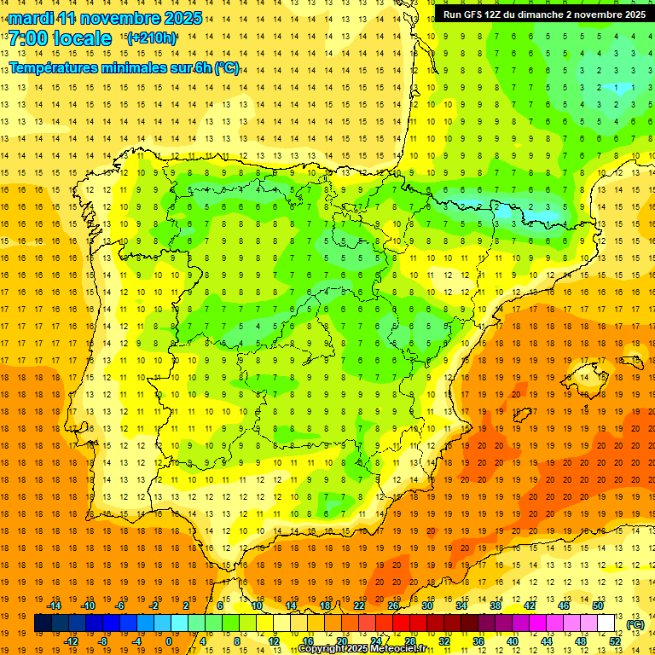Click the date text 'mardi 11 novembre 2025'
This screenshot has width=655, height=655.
click(106, 18)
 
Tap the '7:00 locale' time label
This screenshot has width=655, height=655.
click(61, 38)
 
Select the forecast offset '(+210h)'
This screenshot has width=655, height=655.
click(152, 38)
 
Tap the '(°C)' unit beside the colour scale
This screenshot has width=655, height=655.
click(635, 624)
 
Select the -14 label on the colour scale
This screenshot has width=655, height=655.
click(55, 606)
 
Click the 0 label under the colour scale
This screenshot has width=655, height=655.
click(169, 641)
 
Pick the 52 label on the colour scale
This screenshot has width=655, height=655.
click(615, 641)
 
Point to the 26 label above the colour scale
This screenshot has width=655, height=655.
click(393, 606)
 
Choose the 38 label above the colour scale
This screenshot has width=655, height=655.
click(496, 606)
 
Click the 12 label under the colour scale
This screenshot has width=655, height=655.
click(274, 641)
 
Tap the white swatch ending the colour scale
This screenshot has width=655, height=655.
click(606, 623)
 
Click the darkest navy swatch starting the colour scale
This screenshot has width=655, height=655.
click(43, 623)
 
